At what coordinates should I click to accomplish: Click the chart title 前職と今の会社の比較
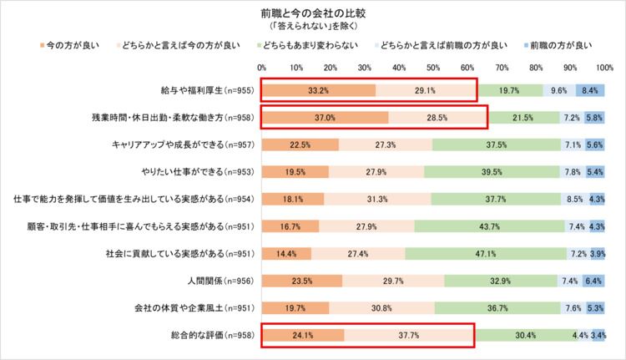314,14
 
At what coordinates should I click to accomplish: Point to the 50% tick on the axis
432,67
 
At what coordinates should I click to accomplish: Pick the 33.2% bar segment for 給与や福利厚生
318,90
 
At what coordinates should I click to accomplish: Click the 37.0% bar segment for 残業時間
325,118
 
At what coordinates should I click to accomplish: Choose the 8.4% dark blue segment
590,90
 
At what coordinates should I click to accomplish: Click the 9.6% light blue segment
559,90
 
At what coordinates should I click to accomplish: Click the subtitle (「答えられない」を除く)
314,27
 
